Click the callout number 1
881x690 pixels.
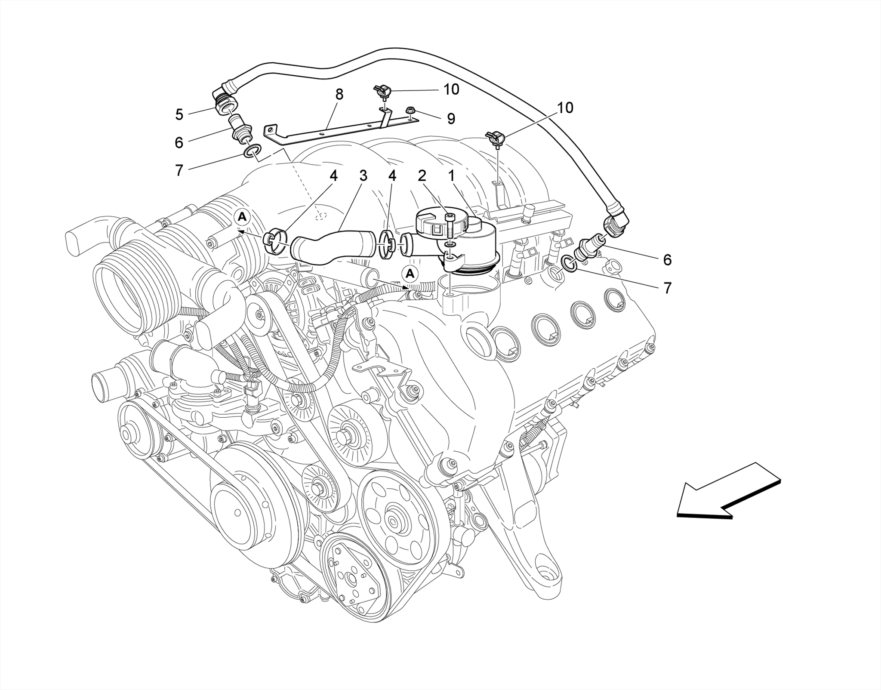tap(451, 176)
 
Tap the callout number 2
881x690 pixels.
tap(422, 176)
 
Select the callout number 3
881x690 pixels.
tap(363, 176)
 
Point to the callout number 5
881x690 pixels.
tap(179, 114)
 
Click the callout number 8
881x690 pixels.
tap(339, 94)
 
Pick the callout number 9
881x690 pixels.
tap(451, 119)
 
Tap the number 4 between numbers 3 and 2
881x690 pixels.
tap(392, 176)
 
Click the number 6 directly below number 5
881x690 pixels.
tap(179, 142)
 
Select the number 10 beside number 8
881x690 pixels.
tap(451, 89)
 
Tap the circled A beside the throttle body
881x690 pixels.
tap(243, 217)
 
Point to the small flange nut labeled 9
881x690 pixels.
tap(410, 112)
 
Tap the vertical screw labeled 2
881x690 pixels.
tap(450, 226)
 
